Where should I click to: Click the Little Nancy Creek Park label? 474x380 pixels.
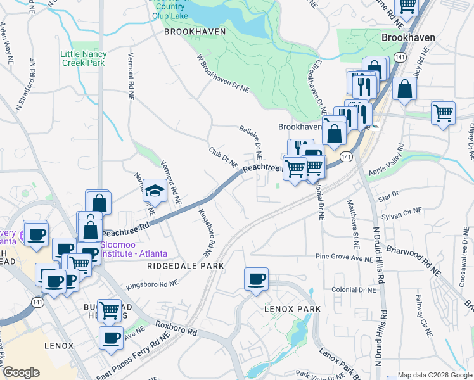click(83, 59)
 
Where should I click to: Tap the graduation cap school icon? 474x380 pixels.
click(154, 190)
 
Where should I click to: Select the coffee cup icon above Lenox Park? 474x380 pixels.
click(256, 279)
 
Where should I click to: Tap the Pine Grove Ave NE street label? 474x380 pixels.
click(345, 258)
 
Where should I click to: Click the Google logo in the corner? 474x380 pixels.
click(21, 372)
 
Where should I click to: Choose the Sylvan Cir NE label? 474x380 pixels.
click(403, 211)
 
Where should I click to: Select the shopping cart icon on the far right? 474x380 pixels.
click(443, 113)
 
